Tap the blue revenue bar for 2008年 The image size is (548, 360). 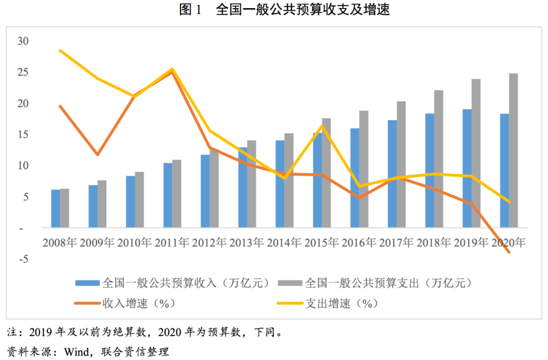coord(56,208)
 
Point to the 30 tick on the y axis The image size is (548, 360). coord(23,41)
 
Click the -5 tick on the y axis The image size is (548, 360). coord(23,259)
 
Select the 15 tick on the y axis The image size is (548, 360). coord(23,134)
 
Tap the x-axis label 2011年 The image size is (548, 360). coord(172,242)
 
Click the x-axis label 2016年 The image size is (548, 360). coord(360,242)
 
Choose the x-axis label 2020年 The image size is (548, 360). coord(509,242)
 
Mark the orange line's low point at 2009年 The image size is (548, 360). coord(97,155)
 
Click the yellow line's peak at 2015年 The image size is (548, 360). coord(323,126)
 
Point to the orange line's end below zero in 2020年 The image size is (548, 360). coord(509,252)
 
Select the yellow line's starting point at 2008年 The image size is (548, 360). coord(60,50)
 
